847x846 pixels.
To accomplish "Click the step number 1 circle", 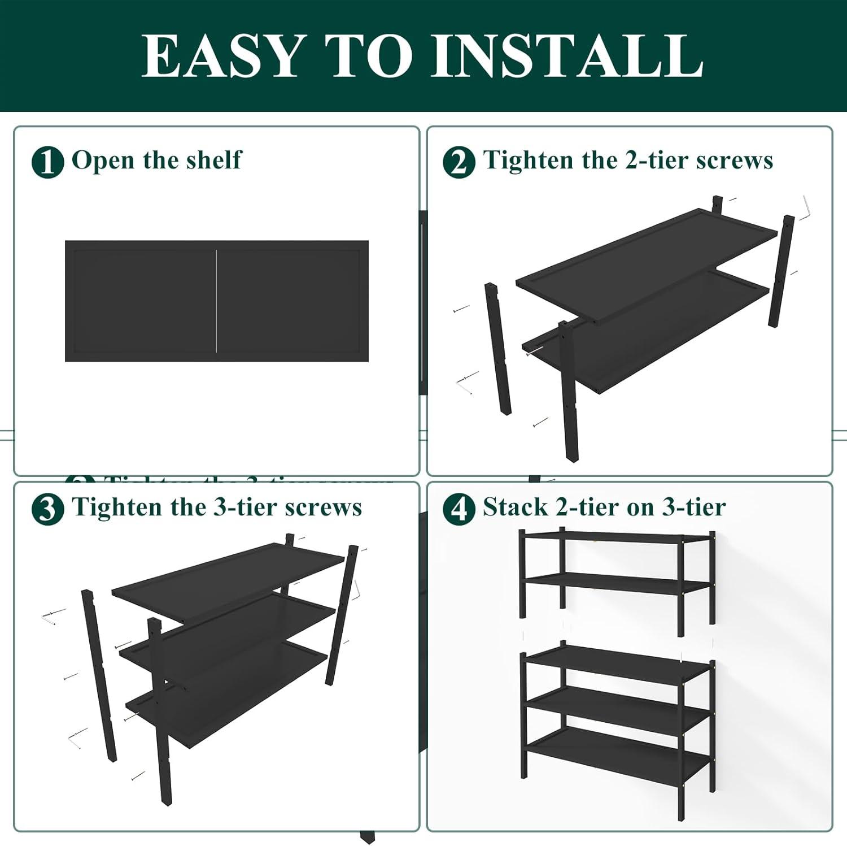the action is click(x=47, y=162).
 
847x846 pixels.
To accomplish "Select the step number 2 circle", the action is click(x=459, y=162).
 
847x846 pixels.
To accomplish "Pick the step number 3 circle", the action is click(x=47, y=509).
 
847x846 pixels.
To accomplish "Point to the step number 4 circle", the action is click(x=459, y=509).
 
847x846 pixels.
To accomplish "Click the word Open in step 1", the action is click(x=104, y=160).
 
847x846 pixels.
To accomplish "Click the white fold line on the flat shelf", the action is click(x=217, y=301).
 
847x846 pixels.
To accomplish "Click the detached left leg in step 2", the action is click(x=497, y=350).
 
